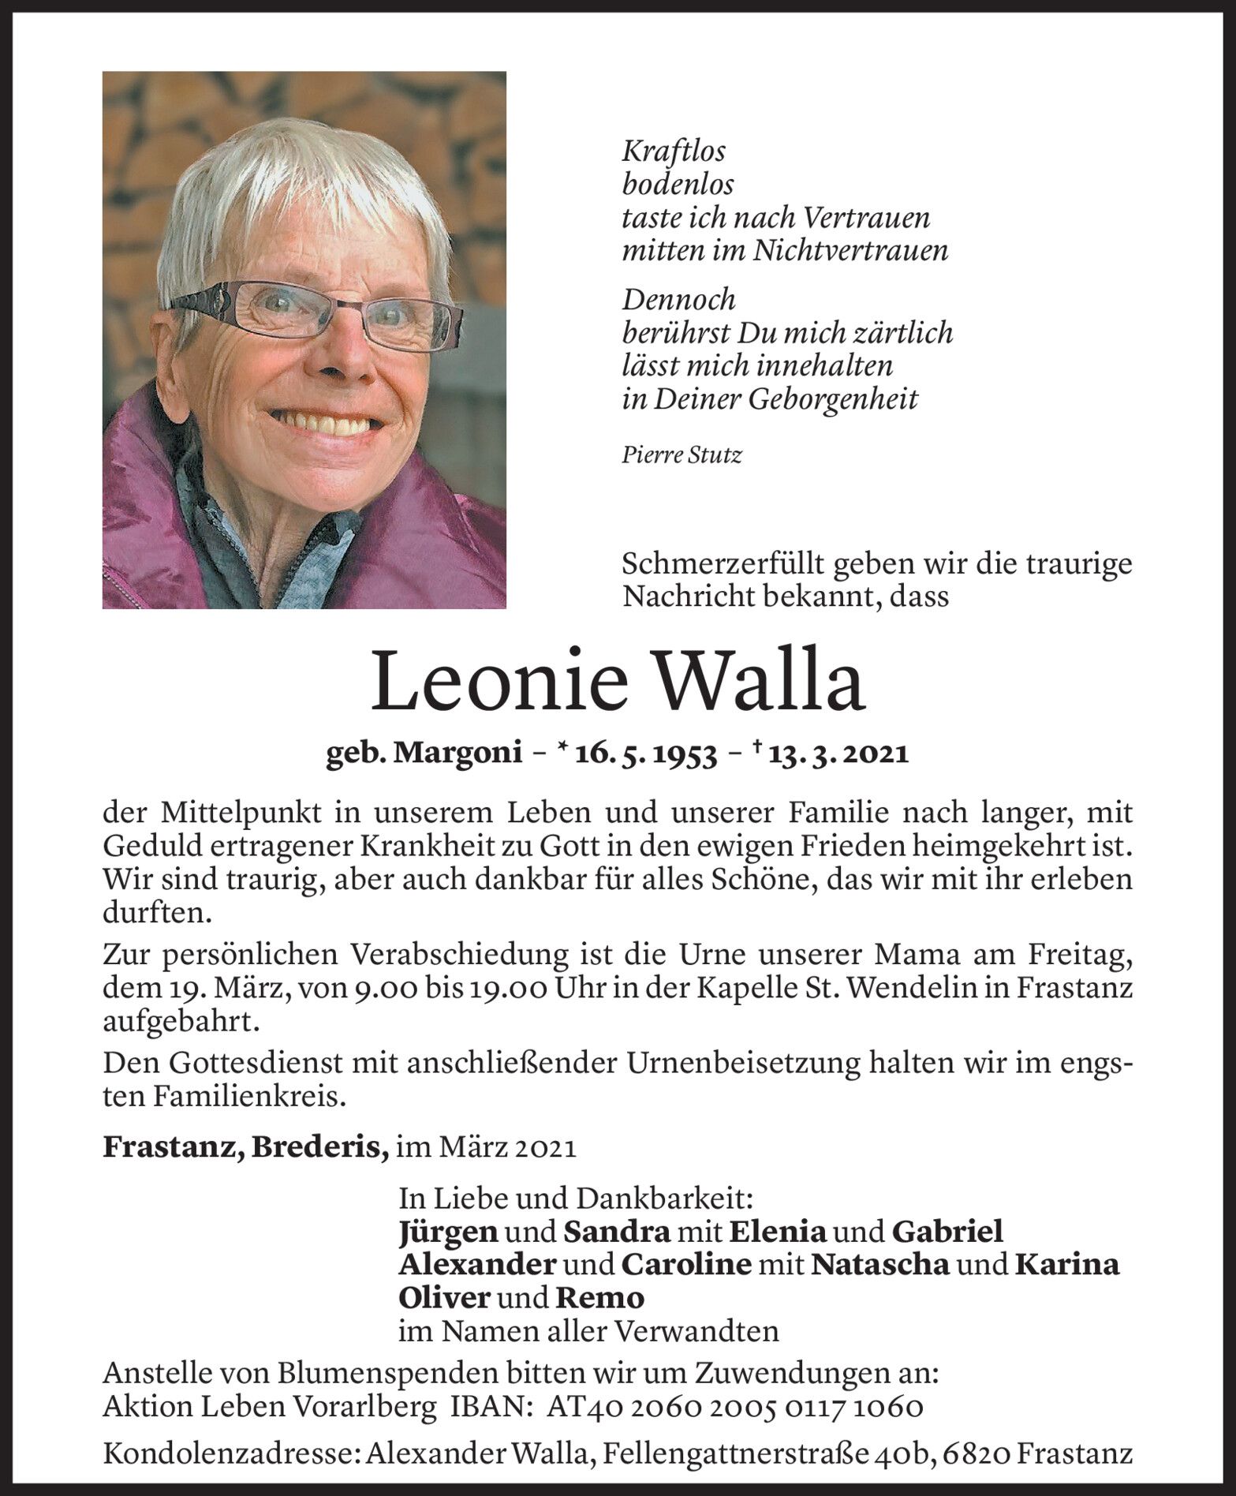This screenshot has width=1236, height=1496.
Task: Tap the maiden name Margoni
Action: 457,754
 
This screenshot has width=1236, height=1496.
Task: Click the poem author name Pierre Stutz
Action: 681,455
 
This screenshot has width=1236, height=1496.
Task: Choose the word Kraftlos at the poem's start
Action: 674,151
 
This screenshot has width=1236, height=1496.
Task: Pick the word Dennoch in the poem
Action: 678,300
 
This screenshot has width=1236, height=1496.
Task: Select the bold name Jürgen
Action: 448,1232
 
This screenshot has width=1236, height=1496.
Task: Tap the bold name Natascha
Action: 879,1265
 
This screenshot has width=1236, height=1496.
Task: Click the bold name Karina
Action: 1066,1265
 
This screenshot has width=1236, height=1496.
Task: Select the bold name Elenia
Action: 777,1232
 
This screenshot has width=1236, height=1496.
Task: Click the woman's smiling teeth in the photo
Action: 329,419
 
